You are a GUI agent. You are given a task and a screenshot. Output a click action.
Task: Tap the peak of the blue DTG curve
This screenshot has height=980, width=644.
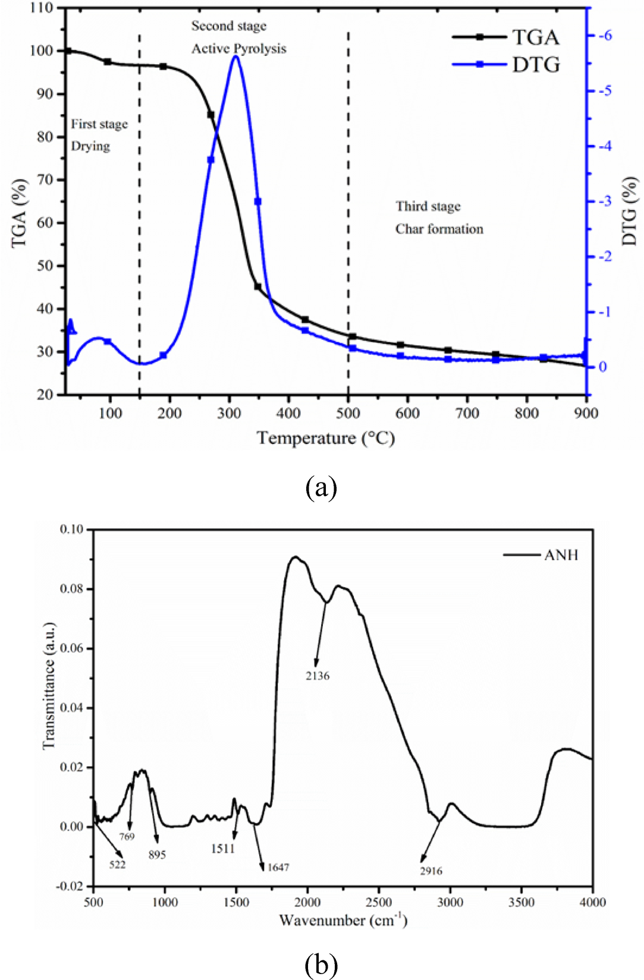[x=236, y=56]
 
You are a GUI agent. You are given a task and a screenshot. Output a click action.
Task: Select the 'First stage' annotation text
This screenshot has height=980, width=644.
[x=99, y=124]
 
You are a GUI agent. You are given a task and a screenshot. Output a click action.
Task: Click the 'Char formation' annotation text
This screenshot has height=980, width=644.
[x=439, y=229]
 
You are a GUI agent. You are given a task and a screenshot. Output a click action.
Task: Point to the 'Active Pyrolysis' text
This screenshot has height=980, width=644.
[x=238, y=49]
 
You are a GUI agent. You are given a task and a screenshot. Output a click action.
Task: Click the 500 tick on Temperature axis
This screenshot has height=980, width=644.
[x=348, y=413]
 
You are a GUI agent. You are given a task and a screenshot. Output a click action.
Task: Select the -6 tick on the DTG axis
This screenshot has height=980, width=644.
[x=605, y=36]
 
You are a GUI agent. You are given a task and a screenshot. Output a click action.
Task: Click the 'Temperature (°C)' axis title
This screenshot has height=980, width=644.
[x=326, y=439]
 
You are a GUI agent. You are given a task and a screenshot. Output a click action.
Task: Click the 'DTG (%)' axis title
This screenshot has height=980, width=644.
[x=629, y=211]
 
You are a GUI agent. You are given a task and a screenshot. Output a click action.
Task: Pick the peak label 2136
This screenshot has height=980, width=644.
[x=318, y=676]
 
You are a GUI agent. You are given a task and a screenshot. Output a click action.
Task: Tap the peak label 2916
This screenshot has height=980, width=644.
[x=431, y=871]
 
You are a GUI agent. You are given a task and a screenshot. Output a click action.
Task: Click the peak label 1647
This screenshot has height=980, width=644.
[x=278, y=867]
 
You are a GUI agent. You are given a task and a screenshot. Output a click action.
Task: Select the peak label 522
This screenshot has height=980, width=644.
[x=117, y=865]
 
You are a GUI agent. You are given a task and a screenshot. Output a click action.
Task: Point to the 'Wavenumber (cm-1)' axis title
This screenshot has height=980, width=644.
[x=343, y=920]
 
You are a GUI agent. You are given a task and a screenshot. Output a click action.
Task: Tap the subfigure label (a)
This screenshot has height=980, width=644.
[x=321, y=488]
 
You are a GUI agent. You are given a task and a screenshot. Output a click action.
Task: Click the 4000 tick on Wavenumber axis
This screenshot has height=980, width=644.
[x=592, y=902]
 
